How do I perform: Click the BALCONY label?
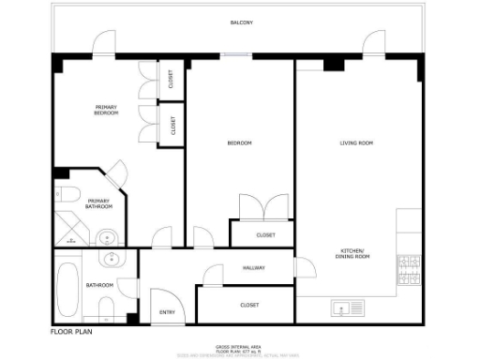tap(241, 22)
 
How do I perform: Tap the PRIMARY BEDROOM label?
tap(106, 110)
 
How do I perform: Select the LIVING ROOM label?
tap(356, 142)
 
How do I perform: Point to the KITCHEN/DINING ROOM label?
tap(354, 253)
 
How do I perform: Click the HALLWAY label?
tap(253, 268)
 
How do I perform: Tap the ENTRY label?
tap(167, 312)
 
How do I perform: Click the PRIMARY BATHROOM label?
tap(98, 203)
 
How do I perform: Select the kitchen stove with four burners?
tap(410, 270)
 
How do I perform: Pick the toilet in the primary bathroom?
tap(67, 194)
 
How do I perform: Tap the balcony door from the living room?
tap(374, 42)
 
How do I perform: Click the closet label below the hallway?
tap(249, 306)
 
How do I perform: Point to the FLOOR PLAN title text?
tap(71, 331)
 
